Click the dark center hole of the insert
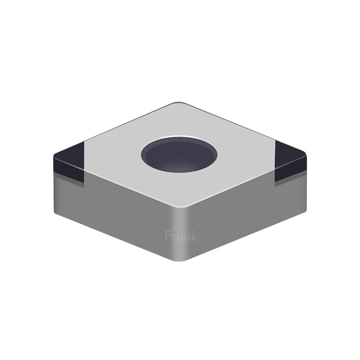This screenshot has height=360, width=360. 179,155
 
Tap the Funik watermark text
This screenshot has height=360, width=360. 181,236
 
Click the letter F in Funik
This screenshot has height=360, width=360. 168,236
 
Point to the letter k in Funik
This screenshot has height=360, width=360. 194,236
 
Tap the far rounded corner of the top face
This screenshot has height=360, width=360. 179,103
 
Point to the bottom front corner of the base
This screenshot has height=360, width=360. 179,260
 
